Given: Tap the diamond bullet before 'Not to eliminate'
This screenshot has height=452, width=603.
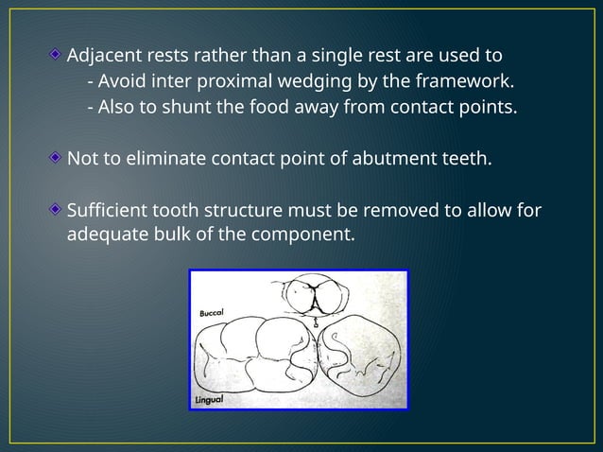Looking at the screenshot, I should [57, 157].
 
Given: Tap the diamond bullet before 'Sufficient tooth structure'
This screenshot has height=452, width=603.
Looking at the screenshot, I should [57, 209].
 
